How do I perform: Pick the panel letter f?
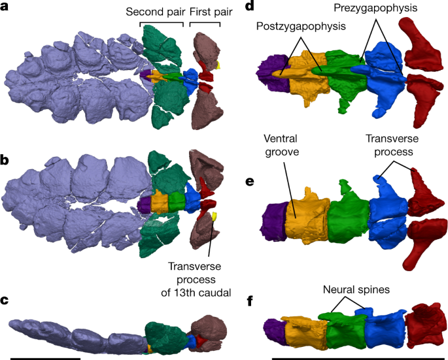[x=249, y=301]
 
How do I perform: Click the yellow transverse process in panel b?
[x=214, y=216]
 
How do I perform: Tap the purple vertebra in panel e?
[x=273, y=219]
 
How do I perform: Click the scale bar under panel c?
[x=45, y=357]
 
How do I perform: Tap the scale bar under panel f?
[x=359, y=357]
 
